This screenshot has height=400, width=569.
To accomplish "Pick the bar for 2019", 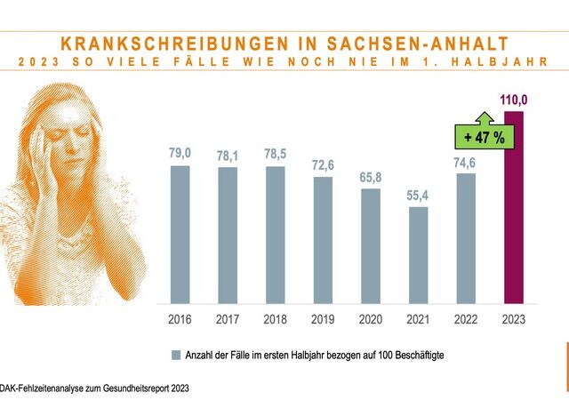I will (323, 240).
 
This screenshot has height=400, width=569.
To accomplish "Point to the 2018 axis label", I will (276, 317).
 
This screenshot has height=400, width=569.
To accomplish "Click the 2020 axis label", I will (371, 317).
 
